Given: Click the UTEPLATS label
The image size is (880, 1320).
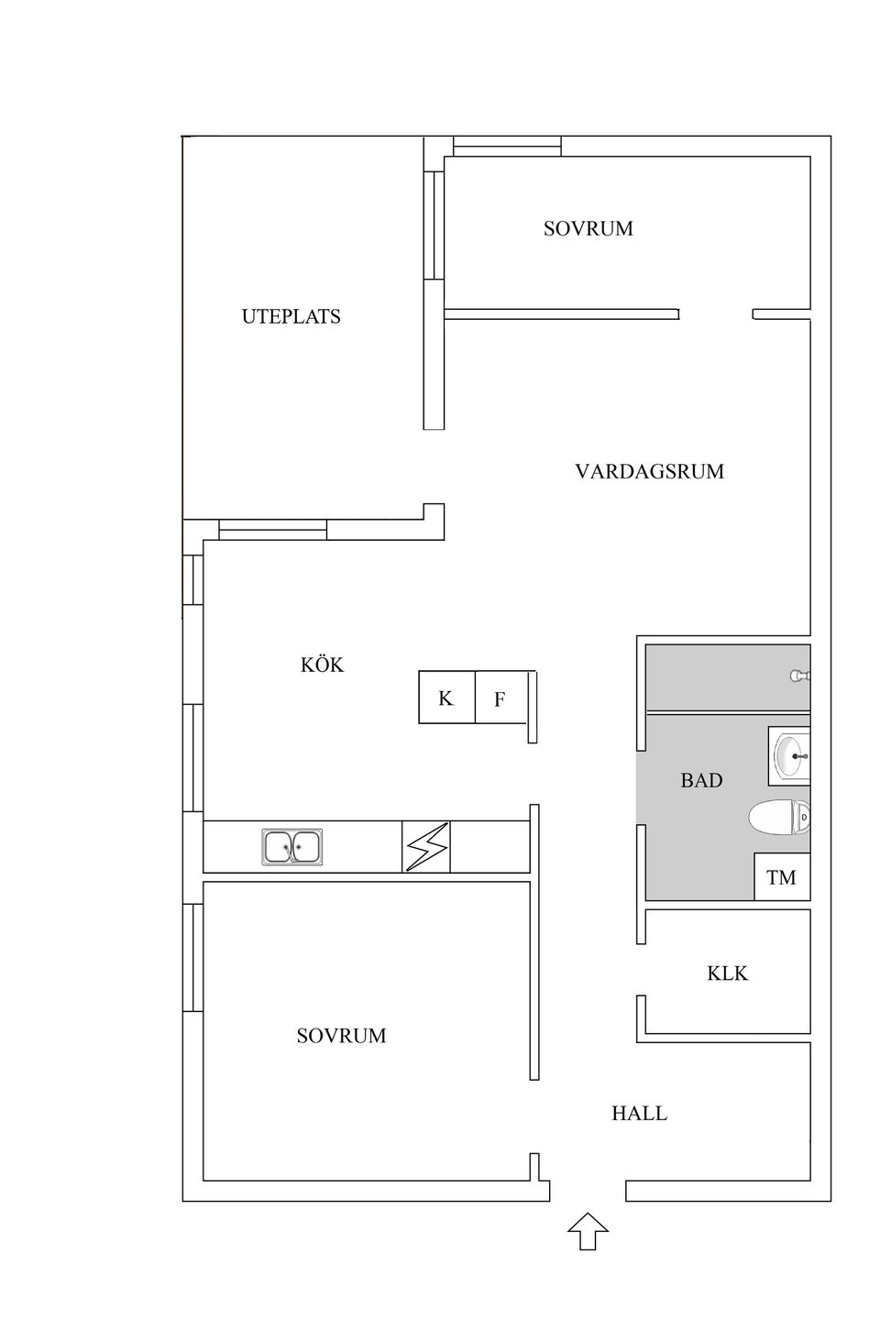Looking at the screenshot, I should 291,316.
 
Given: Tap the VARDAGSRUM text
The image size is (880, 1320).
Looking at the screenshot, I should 649,471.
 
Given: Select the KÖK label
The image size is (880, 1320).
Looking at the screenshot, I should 322,665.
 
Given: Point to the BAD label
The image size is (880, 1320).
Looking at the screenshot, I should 701,780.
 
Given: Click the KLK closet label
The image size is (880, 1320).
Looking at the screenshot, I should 727,973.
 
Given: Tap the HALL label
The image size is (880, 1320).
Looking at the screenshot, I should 639,1113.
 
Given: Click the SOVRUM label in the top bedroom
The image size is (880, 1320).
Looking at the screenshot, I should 588,228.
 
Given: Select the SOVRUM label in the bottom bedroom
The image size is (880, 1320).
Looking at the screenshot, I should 341,1035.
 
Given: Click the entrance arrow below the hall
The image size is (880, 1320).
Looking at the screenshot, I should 588,1231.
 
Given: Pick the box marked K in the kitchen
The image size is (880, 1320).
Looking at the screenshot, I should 446,698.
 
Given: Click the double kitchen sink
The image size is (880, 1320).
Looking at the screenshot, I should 292,847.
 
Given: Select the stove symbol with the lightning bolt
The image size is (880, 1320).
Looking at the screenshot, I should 427,846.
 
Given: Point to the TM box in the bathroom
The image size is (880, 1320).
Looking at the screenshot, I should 781,877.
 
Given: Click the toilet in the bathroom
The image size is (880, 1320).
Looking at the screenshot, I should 779,818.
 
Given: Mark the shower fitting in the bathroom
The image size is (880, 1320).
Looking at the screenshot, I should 799,676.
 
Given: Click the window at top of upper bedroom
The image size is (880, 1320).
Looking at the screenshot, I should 507,146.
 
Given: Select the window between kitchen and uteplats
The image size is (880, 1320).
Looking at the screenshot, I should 272,530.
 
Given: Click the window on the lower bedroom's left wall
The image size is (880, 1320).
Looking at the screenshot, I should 192,957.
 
